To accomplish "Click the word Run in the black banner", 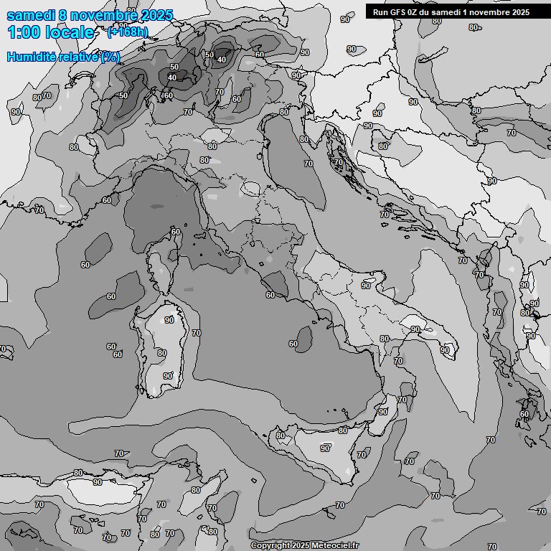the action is [x=380, y=11].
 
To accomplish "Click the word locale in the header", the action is [x=69, y=32].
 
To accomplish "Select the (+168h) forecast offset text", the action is [x=128, y=32].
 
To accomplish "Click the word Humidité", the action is [x=31, y=57].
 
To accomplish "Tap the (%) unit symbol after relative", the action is [x=110, y=57].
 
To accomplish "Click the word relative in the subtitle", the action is [x=78, y=57].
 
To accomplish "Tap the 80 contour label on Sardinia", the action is [x=162, y=353].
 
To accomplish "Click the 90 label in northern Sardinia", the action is [x=169, y=320].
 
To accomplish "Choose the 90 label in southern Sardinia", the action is [x=168, y=375].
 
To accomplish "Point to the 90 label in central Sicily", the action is [x=325, y=448].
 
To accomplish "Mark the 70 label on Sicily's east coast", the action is [x=362, y=455].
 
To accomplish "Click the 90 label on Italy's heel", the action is [x=445, y=350].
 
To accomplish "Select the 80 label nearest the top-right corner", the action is [x=473, y=27].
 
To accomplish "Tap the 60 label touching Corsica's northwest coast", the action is [x=176, y=232].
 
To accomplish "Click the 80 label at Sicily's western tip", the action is [x=281, y=435].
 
